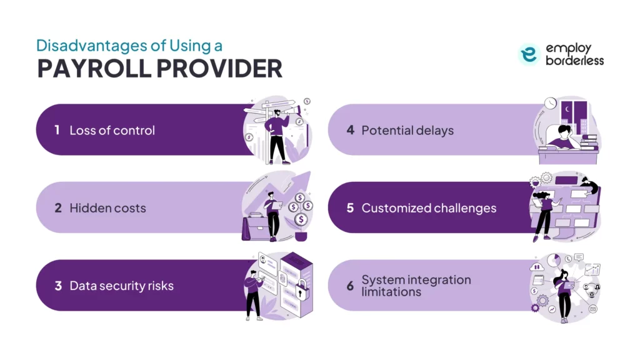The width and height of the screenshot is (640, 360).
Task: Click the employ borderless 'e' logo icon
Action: [x=529, y=54]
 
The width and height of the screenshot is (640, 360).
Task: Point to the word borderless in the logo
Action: [x=574, y=61]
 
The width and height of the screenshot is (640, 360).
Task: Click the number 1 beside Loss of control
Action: [x=57, y=131]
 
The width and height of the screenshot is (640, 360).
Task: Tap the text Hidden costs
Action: [x=107, y=208]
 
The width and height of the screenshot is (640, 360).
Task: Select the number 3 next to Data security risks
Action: [x=57, y=286]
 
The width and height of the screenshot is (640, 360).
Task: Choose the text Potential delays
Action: [x=407, y=131]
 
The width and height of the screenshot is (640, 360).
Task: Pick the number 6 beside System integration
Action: [x=350, y=286]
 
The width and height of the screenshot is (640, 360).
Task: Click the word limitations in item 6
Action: [x=391, y=292]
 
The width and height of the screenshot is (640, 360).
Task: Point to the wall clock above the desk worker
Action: [x=550, y=102]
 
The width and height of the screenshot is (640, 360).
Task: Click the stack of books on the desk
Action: [x=589, y=142]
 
